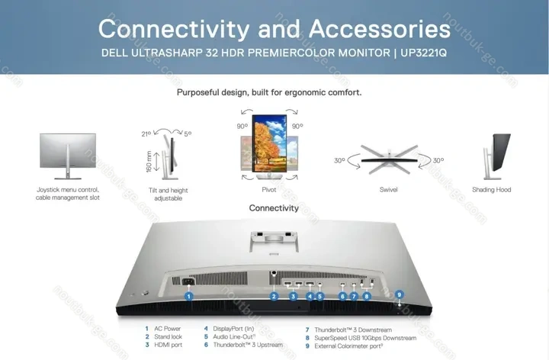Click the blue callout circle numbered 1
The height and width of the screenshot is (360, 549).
coord(189,296)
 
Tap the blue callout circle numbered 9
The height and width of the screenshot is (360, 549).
coord(399,294)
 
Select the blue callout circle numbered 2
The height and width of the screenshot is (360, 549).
coord(274,296)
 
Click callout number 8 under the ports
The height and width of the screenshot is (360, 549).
coord(367,296)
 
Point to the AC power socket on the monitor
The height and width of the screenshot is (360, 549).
coord(188,281)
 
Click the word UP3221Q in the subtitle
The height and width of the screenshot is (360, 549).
coord(424,53)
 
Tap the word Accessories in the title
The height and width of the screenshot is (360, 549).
coord(380,29)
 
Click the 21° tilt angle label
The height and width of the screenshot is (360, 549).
coord(146,133)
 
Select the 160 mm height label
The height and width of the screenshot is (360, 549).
coord(149,162)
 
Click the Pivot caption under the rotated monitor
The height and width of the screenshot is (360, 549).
coord(269,189)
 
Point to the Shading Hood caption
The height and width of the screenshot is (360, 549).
coord(491,190)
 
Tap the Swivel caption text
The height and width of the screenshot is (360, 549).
coord(388,190)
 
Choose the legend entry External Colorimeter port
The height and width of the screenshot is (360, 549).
coord(348,346)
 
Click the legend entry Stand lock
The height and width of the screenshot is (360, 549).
coord(168,336)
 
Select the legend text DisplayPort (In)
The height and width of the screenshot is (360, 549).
coord(233,329)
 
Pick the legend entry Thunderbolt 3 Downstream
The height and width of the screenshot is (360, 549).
coord(353,330)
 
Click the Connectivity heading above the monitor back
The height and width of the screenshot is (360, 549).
coord(274,208)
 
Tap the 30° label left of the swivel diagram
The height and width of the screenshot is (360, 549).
coord(339,160)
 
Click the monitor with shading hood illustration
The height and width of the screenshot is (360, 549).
coord(496,156)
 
